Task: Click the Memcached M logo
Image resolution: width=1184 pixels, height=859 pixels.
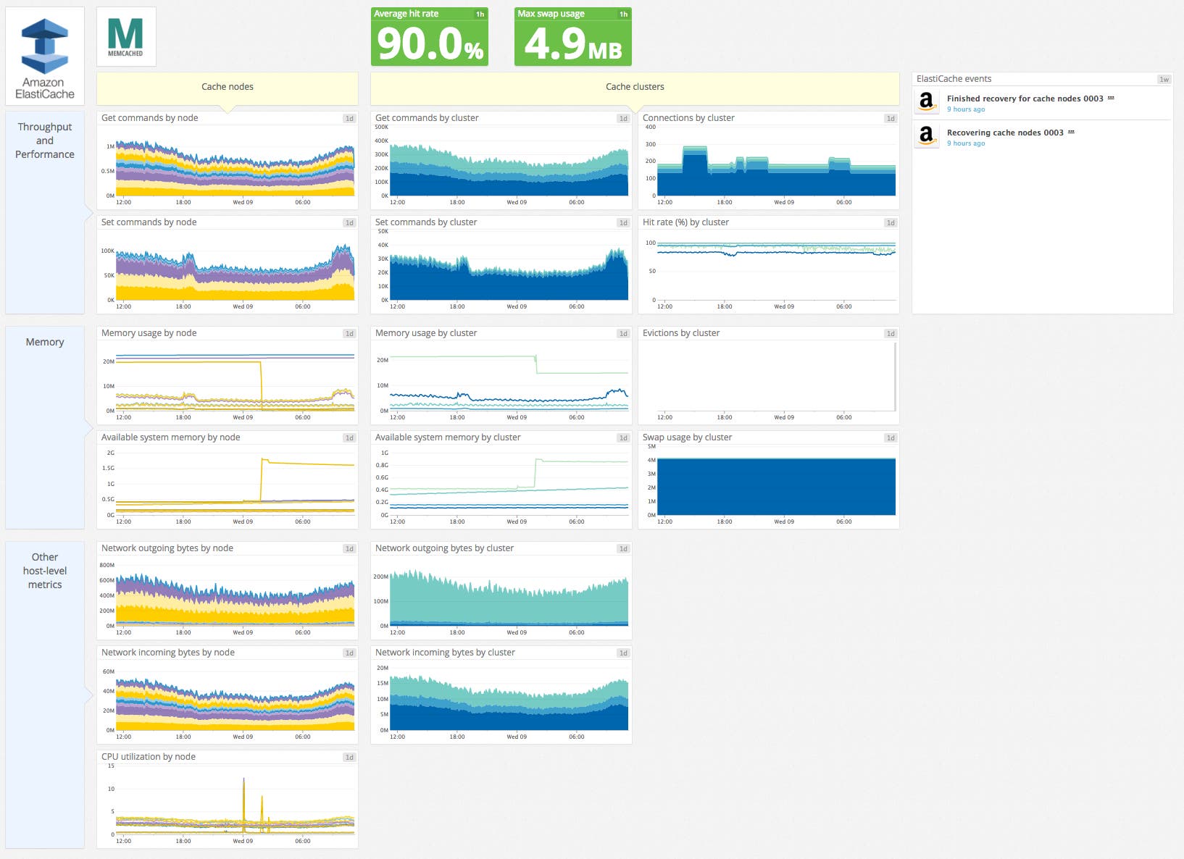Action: tap(125, 35)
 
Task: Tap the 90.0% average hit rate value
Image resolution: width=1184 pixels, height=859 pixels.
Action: tap(430, 43)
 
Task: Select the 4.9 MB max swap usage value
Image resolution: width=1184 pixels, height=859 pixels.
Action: tap(572, 43)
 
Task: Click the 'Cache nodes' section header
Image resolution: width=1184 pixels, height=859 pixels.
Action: tap(227, 86)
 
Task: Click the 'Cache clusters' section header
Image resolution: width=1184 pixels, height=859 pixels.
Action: tap(634, 86)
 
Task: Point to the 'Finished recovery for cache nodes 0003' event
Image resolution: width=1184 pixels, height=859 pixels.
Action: tap(1025, 99)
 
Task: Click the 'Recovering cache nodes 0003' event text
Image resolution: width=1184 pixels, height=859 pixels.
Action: tap(1004, 133)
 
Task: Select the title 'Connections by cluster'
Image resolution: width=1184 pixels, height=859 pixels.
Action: tap(688, 117)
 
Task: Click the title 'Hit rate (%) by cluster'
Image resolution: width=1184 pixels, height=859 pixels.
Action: tap(685, 222)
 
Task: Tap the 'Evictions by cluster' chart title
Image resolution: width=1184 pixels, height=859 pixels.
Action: tap(680, 333)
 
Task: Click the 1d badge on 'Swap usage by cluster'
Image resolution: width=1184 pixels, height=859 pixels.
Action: tap(891, 437)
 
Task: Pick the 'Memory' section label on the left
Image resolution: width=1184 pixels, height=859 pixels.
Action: tap(45, 342)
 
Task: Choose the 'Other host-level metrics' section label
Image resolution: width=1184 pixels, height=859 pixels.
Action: tap(45, 571)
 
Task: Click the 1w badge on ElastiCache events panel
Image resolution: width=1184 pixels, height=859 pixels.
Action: tap(1164, 79)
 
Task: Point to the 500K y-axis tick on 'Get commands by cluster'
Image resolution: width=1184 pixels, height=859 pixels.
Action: tap(381, 127)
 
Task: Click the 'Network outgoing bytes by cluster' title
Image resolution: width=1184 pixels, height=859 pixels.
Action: tap(444, 548)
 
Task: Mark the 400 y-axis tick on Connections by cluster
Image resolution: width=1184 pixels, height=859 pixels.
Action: tap(650, 127)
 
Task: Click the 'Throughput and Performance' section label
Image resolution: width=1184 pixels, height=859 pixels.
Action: tap(45, 141)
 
